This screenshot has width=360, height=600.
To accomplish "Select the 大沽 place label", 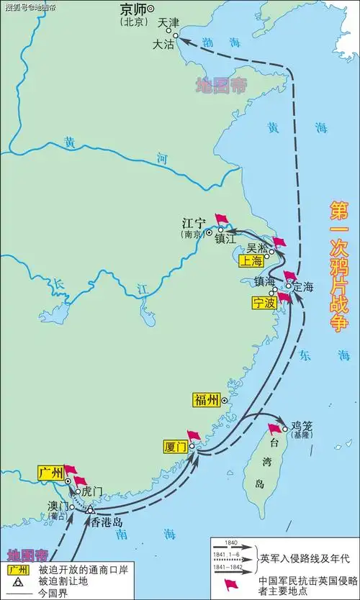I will click(163, 44).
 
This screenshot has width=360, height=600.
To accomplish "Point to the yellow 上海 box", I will click(252, 262).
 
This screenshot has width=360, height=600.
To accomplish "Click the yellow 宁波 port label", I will click(264, 303).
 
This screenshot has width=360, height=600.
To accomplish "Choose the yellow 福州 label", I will click(207, 400).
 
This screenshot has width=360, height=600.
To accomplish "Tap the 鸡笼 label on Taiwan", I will click(301, 425).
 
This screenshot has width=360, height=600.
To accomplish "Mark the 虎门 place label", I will click(92, 491).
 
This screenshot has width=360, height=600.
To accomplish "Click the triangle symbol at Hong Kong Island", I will click(90, 509).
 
